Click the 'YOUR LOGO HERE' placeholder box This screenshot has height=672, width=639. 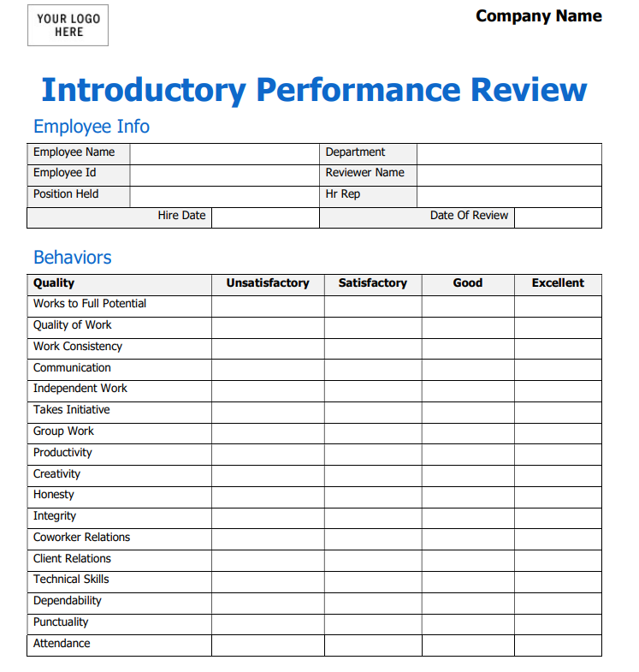click(x=68, y=26)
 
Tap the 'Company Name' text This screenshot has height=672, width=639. click(x=538, y=16)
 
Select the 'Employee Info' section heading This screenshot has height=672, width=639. click(x=92, y=127)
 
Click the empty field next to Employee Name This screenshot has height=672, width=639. click(x=224, y=153)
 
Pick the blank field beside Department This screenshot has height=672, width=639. click(x=509, y=153)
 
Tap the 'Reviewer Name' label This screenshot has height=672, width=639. click(x=364, y=173)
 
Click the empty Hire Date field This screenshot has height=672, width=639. click(x=265, y=217)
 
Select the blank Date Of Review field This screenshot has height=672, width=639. click(x=558, y=217)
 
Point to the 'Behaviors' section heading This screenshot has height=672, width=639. click(x=73, y=258)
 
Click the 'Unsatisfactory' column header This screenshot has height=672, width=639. click(x=268, y=283)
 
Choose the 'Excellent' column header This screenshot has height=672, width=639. click(x=558, y=283)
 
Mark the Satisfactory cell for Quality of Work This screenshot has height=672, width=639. click(x=373, y=326)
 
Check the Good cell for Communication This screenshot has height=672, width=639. click(x=468, y=369)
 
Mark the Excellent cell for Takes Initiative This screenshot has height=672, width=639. click(x=558, y=411)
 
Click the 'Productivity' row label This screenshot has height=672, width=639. click(x=62, y=453)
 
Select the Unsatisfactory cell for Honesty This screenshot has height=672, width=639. click(x=268, y=496)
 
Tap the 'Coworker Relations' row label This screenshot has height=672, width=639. click(x=82, y=538)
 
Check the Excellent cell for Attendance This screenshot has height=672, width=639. click(x=558, y=645)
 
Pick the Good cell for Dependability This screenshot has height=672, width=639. click(x=468, y=602)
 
